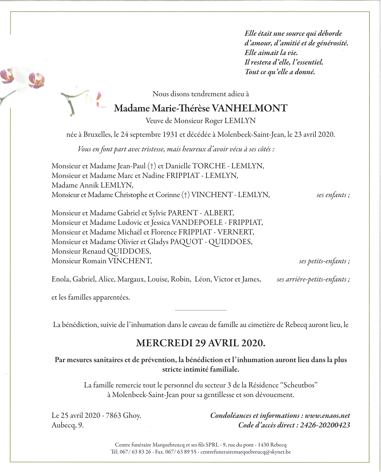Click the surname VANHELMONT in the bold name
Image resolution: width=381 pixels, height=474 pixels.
(250, 108)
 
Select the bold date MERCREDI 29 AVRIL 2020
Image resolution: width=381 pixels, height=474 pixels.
(201, 343)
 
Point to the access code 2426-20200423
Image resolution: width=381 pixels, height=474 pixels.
(325, 425)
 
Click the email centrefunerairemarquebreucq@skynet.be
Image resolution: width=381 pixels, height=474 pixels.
(245, 452)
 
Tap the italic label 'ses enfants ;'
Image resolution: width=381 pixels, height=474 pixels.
(333, 195)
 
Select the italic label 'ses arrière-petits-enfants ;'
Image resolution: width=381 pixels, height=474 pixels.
(313, 279)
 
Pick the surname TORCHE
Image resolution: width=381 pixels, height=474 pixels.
(209, 166)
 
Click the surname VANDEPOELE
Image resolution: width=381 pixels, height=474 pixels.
(197, 223)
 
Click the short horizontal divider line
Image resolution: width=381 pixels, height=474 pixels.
(201, 310)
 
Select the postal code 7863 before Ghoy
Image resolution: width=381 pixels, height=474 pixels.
(113, 416)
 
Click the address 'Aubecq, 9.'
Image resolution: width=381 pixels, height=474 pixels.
(67, 425)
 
